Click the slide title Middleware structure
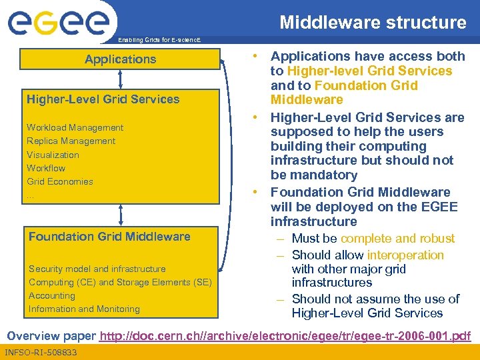click(x=373, y=23)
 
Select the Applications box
click(x=120, y=59)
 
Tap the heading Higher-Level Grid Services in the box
click(x=103, y=99)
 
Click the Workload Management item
click(x=75, y=127)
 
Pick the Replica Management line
click(x=71, y=141)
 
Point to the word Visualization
click(x=53, y=155)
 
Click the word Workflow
click(x=46, y=168)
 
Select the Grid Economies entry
click(x=60, y=181)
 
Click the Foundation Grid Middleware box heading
click(x=109, y=237)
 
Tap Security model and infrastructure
click(x=97, y=269)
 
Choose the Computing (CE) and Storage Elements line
click(x=120, y=282)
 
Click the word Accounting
click(x=52, y=295)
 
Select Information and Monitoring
click(x=84, y=309)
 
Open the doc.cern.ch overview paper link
click(x=285, y=335)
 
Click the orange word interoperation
click(x=405, y=255)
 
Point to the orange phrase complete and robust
click(x=397, y=239)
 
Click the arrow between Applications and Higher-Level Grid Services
click(x=120, y=79)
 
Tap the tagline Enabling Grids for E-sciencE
click(x=158, y=41)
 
